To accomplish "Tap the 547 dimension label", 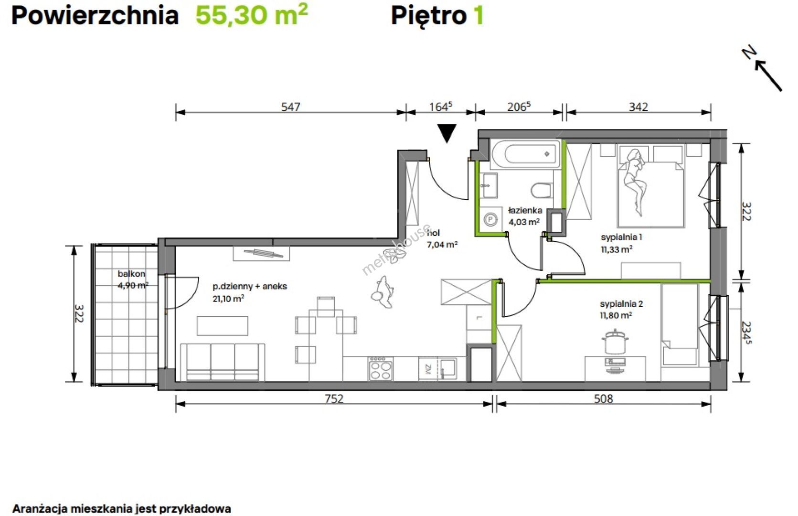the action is coord(291,107).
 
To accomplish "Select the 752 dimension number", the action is coord(334,398).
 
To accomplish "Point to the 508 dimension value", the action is coord(604,398).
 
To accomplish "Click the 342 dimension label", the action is coord(638,107).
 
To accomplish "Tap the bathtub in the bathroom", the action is coord(525,154).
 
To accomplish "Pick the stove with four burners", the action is coord(381,368).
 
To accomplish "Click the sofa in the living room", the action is coord(222,362).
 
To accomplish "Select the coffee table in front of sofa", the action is coord(223,326).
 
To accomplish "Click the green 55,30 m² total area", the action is coord(252,15).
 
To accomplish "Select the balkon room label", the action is coord(131,274).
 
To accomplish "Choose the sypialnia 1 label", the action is coord(621,237).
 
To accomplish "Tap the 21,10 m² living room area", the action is coord(228,298).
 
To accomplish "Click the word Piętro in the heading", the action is coord(429,16).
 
